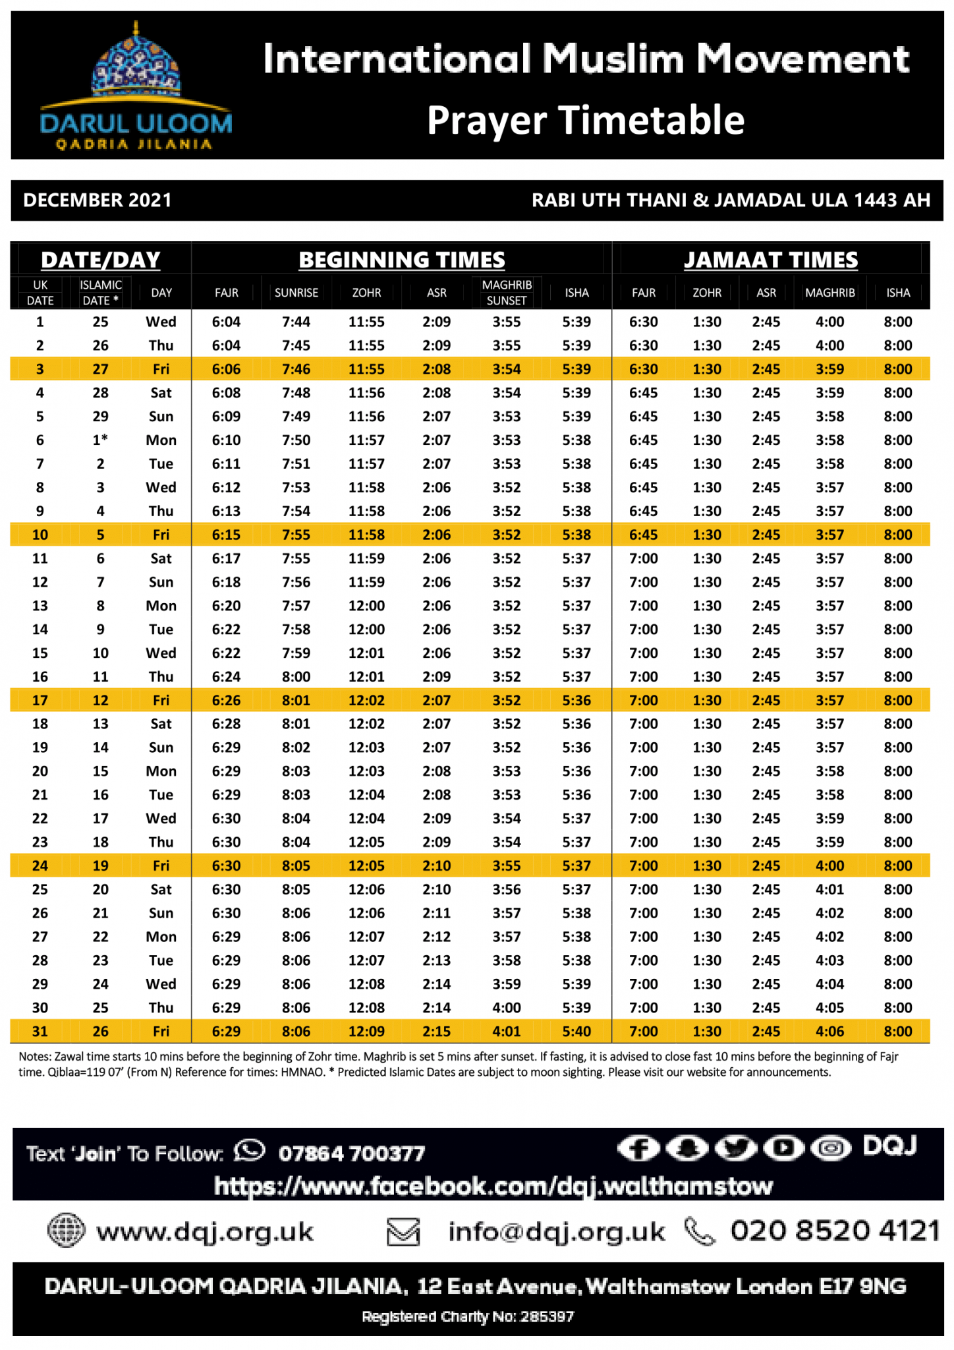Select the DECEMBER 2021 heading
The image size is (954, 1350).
[98, 200]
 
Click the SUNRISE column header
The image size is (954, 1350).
[296, 293]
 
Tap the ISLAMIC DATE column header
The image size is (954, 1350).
[100, 293]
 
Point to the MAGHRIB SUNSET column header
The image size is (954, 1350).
[507, 293]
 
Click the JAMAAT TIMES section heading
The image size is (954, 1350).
[771, 260]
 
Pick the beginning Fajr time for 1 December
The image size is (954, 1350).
[226, 322]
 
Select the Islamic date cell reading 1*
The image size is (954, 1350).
[100, 440]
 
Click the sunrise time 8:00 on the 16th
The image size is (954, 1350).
[296, 677]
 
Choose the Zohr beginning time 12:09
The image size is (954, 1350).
[366, 1032]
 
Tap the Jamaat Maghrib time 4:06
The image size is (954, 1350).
[829, 1032]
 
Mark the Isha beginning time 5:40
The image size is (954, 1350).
[576, 1032]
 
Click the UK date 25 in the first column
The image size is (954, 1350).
[40, 890]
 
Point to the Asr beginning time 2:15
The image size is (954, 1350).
[437, 1032]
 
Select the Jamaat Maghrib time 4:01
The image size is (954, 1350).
[829, 890]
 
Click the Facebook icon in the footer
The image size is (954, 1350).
[638, 1149]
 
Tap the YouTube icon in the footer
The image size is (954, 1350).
[783, 1149]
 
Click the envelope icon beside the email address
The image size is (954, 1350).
[403, 1231]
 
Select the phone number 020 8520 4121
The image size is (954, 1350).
[835, 1231]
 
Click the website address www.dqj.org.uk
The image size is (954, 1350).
[205, 1232]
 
